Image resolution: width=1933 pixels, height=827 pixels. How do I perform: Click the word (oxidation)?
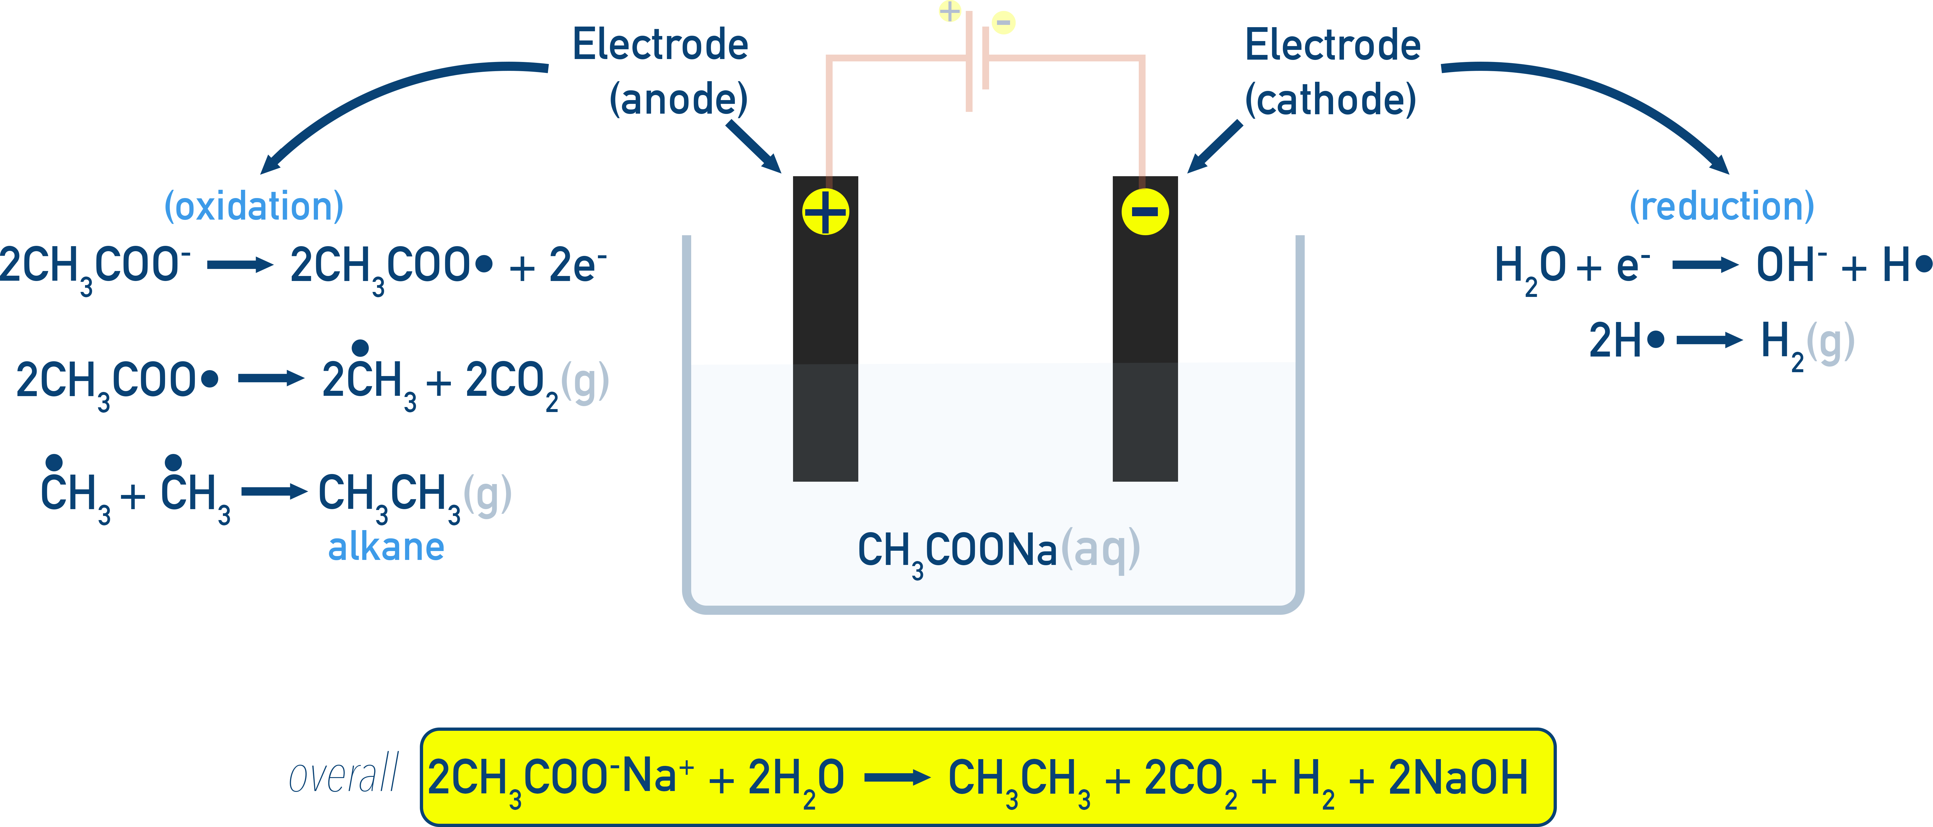[x=254, y=206]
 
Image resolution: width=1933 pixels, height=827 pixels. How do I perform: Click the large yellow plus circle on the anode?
[x=826, y=212]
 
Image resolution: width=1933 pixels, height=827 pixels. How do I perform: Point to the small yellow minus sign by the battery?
[x=1003, y=22]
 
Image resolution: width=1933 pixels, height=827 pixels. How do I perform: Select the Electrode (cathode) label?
[x=1332, y=73]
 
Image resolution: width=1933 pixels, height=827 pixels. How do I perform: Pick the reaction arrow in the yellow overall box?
[x=897, y=778]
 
